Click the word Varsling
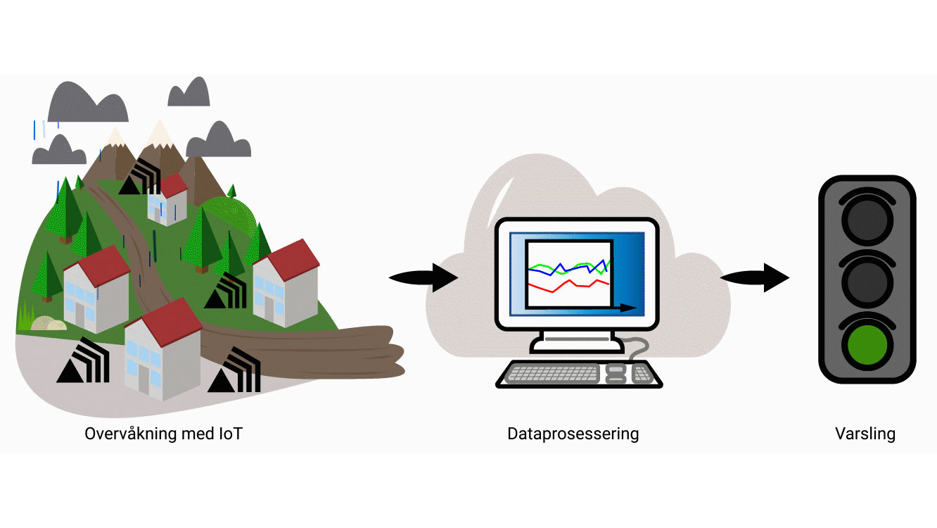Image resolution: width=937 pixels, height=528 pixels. click(865, 434)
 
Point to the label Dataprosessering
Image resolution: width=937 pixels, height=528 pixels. click(573, 434)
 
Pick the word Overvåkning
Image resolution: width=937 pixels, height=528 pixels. click(130, 434)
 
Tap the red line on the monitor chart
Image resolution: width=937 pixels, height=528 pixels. click(563, 286)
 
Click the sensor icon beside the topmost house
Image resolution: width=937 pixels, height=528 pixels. click(139, 177)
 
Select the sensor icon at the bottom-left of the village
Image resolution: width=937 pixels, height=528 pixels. click(82, 360)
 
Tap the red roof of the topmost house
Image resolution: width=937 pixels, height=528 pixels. click(174, 185)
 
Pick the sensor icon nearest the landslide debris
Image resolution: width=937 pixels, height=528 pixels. click(234, 370)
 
